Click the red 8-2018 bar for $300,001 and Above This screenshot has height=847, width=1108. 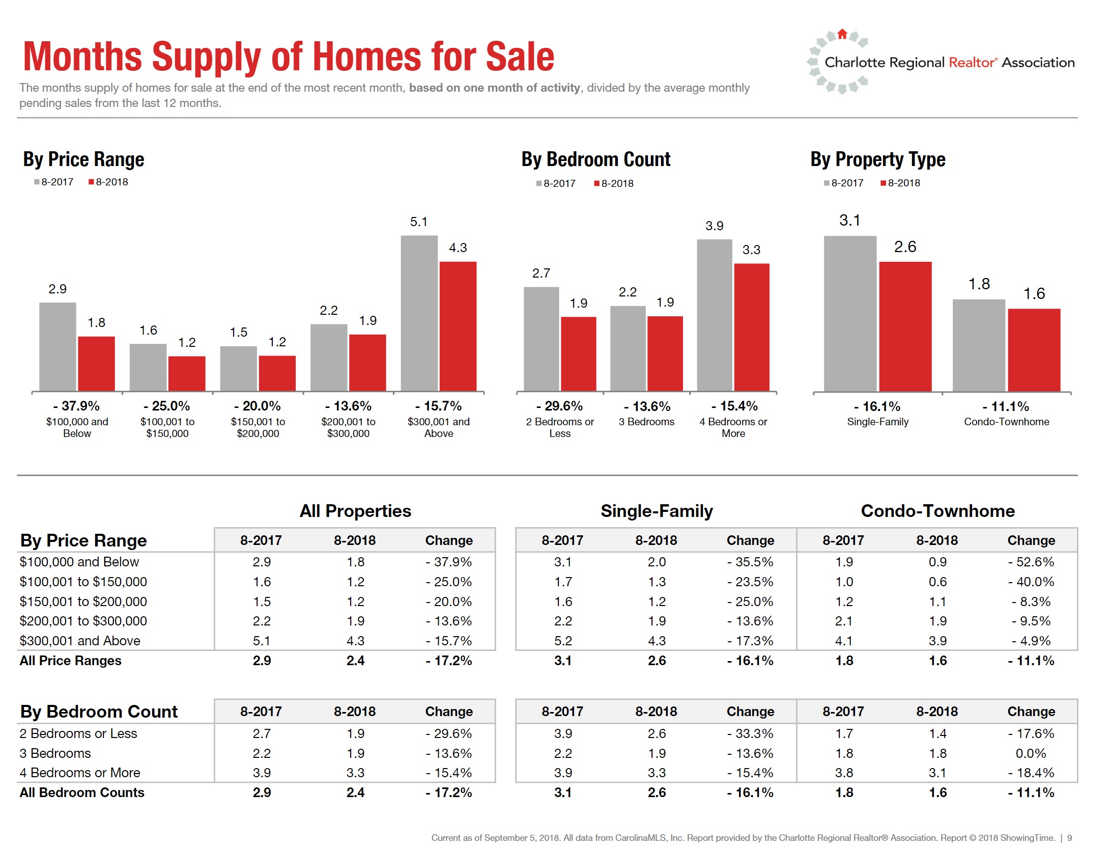(x=458, y=326)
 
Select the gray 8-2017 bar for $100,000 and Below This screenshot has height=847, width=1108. (x=58, y=346)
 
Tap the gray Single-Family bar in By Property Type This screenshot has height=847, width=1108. (x=849, y=313)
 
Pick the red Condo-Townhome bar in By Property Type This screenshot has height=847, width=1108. (x=1034, y=350)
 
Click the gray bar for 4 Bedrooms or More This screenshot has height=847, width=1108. (x=714, y=315)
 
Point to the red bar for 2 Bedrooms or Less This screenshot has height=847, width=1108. (x=578, y=353)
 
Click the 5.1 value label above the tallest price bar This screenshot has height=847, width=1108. (x=418, y=222)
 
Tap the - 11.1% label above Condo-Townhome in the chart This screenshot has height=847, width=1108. (x=1006, y=406)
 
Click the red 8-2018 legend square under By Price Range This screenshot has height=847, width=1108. (x=91, y=182)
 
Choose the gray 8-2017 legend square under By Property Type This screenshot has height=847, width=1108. (x=827, y=183)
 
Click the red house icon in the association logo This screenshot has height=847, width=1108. (x=842, y=34)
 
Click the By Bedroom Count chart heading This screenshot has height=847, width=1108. (x=595, y=159)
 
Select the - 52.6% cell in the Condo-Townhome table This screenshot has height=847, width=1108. (x=1031, y=562)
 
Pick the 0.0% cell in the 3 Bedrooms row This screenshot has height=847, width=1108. (x=1031, y=753)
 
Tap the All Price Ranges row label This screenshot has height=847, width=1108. (x=70, y=661)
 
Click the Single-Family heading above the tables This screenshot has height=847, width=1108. (x=657, y=511)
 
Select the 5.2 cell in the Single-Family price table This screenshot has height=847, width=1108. (x=562, y=641)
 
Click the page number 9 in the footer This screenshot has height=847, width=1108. (x=1069, y=838)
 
